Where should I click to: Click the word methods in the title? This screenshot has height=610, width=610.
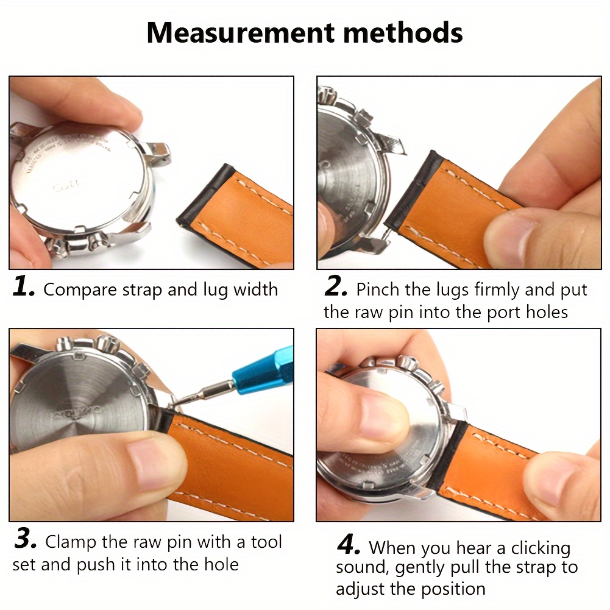405,33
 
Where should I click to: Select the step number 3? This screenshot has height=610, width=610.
26,540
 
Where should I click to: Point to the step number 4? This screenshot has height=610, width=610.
349,546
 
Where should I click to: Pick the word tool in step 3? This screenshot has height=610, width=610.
266,542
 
